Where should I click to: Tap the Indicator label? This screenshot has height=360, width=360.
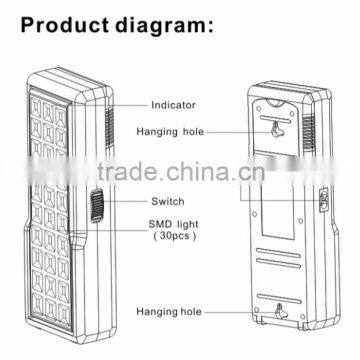tap(172, 103)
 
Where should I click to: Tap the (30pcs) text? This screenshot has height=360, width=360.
tap(171, 240)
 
